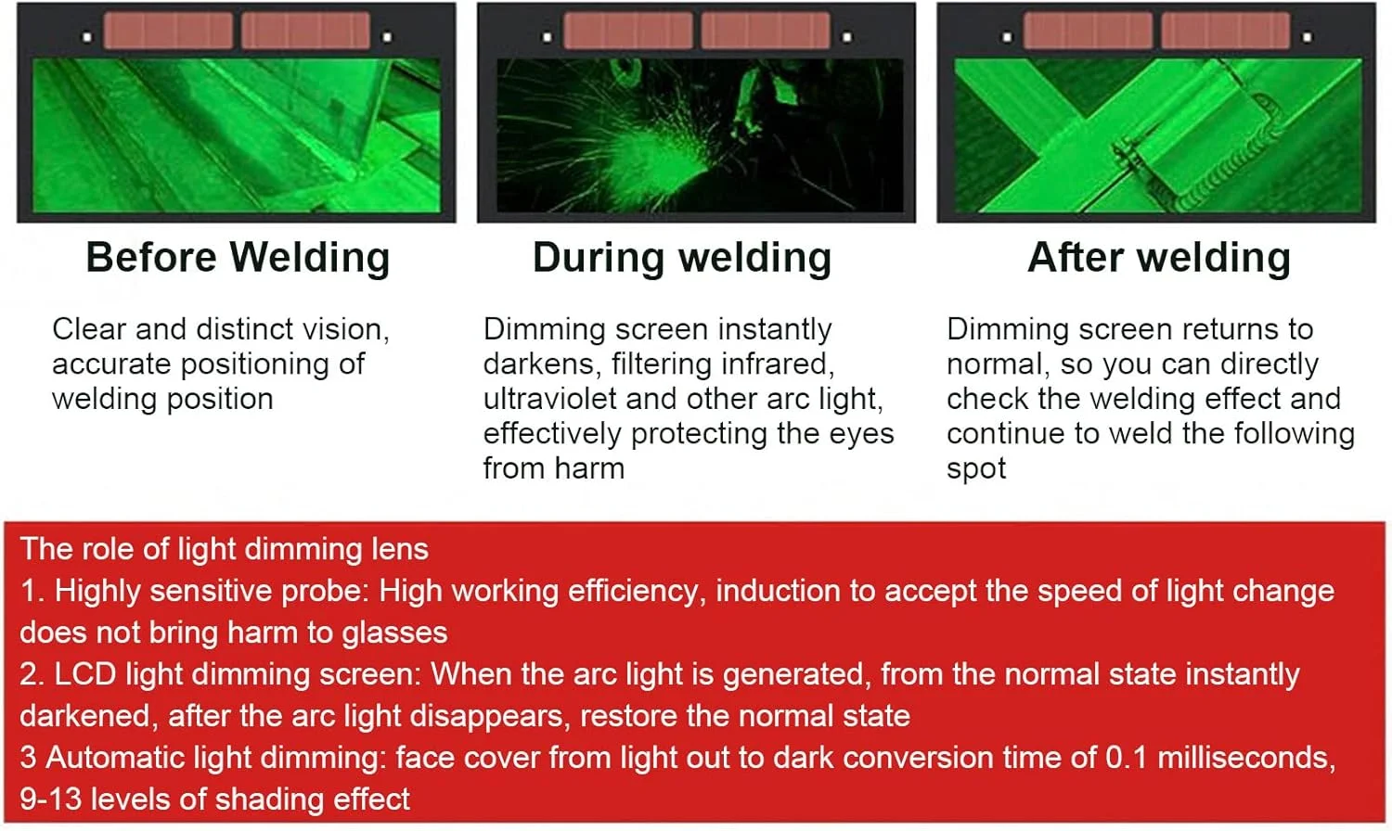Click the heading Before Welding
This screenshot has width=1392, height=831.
(x=238, y=258)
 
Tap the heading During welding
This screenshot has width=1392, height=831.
(x=682, y=258)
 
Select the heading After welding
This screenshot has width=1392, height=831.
(x=1159, y=258)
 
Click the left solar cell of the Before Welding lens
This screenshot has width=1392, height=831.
(x=168, y=30)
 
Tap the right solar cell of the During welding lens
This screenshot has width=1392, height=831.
(x=766, y=30)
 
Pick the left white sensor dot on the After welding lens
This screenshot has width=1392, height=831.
(x=1007, y=37)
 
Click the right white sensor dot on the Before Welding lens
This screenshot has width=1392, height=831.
(x=387, y=37)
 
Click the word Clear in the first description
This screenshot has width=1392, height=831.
(x=89, y=329)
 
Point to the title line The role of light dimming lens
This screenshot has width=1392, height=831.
(x=225, y=549)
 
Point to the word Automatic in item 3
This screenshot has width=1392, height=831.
(x=115, y=758)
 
